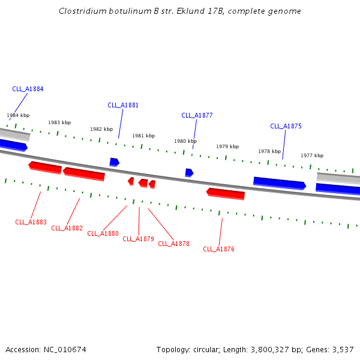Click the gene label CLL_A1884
pos(28,89)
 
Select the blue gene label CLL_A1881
pos(123,105)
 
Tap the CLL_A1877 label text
pos(197,115)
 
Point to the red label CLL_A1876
pos(218,249)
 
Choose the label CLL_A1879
pos(138,239)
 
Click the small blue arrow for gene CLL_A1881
pos(114,162)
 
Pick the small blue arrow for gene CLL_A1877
pos(189,173)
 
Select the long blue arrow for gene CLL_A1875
pos(279,183)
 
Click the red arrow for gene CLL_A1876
pos(226,194)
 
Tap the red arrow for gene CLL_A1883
pos(45,167)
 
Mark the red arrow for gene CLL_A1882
pos(84,174)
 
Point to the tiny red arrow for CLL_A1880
pos(131,181)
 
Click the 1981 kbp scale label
pos(143,136)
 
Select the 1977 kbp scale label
pos(312,155)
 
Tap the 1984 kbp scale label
pos(18,115)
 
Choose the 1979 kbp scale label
pos(227,146)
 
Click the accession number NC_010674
pos(69,349)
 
